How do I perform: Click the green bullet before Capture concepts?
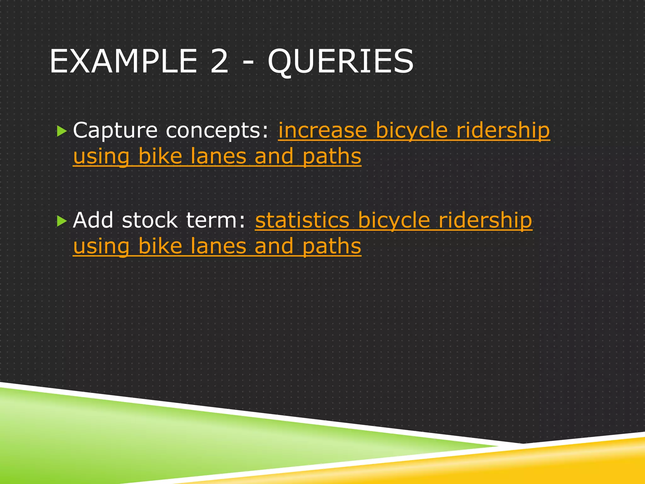(62, 131)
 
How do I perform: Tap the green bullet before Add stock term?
(62, 221)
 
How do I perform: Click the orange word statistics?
(302, 220)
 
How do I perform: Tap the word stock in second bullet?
(150, 220)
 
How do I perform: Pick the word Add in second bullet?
(93, 220)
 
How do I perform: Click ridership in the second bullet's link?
(485, 220)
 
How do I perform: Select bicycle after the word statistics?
(394, 220)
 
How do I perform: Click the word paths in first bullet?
(331, 157)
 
